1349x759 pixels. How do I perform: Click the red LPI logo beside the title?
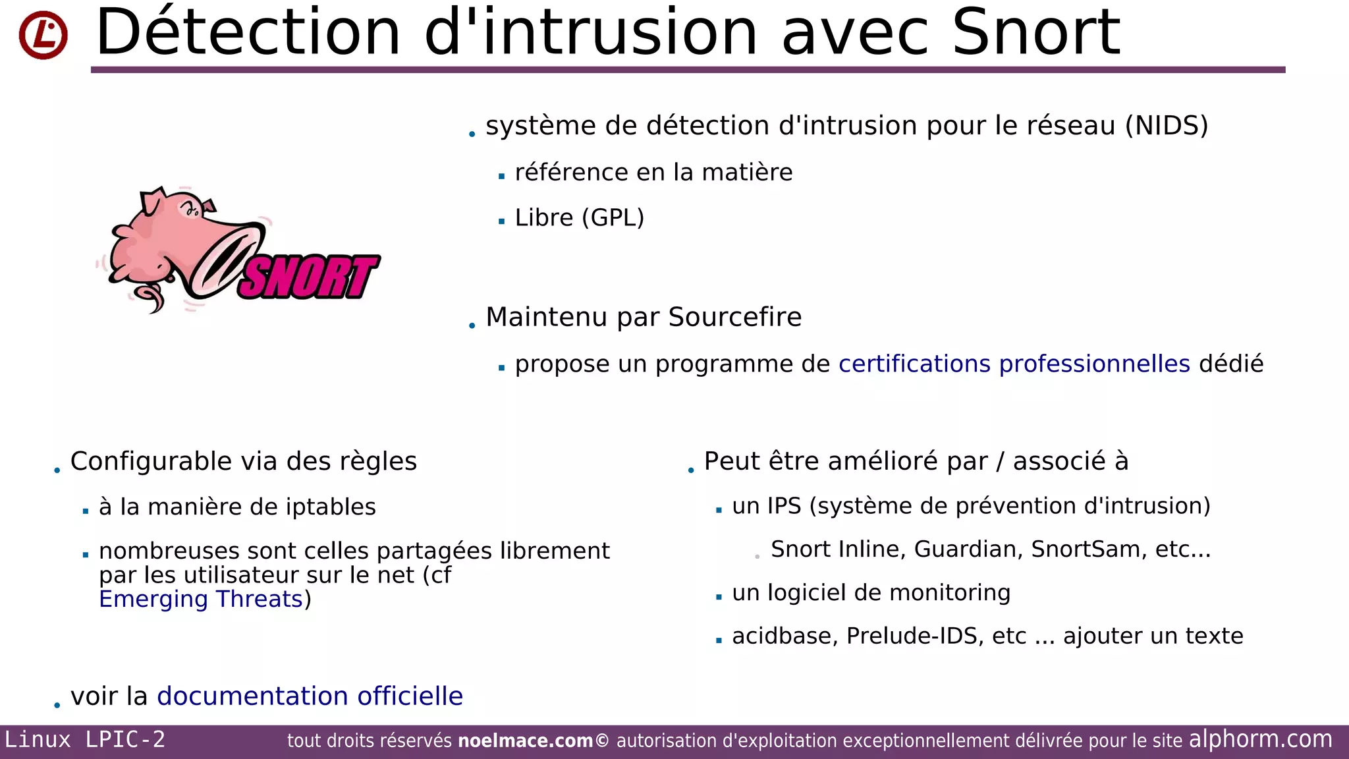(x=43, y=35)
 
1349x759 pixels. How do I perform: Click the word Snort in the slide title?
(x=1035, y=33)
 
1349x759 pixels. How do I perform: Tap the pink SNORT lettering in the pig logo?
(x=308, y=277)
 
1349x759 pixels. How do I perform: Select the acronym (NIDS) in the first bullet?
(x=1167, y=126)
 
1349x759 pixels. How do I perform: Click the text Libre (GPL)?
(x=579, y=217)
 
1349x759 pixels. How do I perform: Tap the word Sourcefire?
(x=734, y=317)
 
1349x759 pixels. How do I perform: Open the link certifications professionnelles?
(x=1014, y=364)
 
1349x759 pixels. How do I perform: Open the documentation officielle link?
(x=310, y=696)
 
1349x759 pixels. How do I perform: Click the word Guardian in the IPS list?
(x=968, y=549)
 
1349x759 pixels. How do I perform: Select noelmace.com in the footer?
(x=525, y=741)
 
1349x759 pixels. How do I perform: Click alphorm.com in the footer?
(x=1260, y=739)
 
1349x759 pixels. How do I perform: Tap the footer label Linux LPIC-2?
(x=85, y=740)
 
